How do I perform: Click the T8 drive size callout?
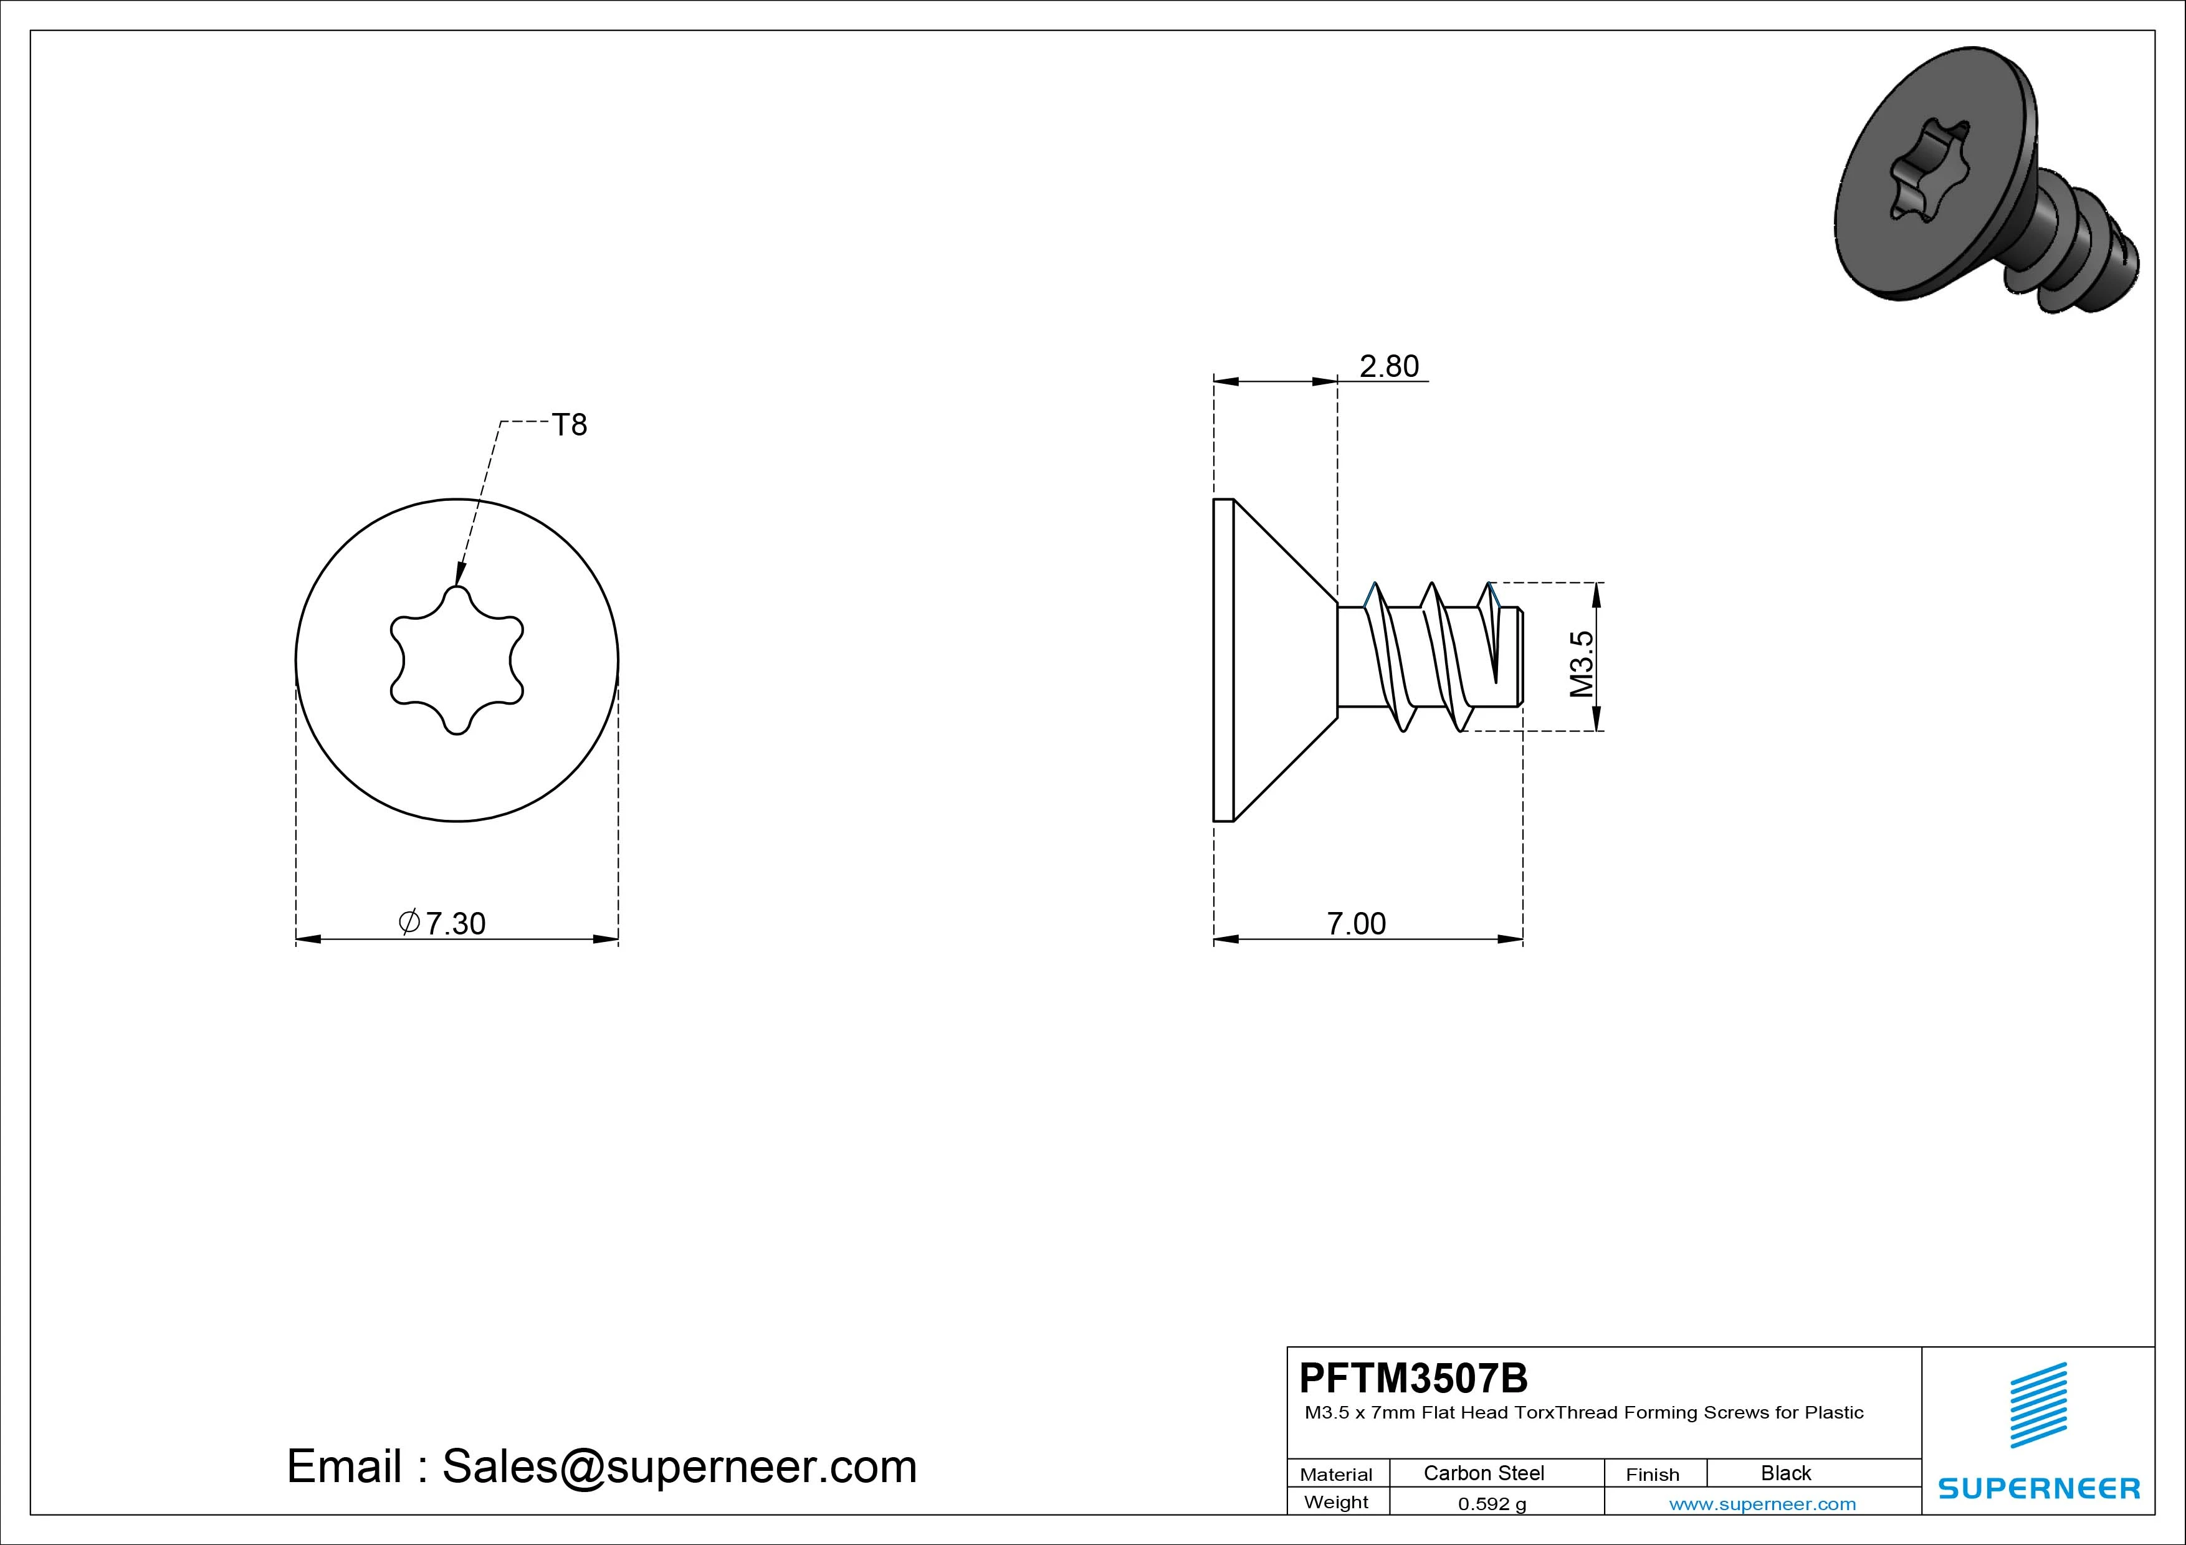pyautogui.click(x=570, y=425)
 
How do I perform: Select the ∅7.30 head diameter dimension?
pyautogui.click(x=442, y=923)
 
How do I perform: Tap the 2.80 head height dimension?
pyautogui.click(x=1389, y=366)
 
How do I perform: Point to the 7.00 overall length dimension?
pyautogui.click(x=1357, y=923)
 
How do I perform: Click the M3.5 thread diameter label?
pyautogui.click(x=1582, y=663)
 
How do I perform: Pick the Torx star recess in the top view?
pyautogui.click(x=457, y=660)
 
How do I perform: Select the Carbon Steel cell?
pyautogui.click(x=1483, y=1473)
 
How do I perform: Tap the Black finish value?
pyautogui.click(x=1786, y=1473)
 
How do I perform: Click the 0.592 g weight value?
pyautogui.click(x=1492, y=1504)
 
